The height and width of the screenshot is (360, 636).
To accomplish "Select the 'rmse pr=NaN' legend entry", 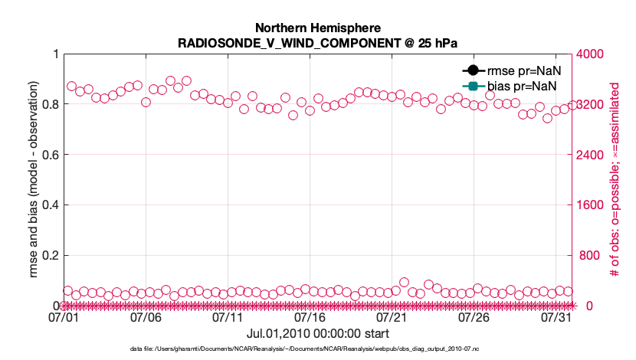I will pos(520,70).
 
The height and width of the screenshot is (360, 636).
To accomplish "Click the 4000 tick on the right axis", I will pos(593,54).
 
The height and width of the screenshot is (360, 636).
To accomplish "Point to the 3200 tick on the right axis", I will pos(593,104).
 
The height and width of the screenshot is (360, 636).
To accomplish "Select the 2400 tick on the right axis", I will pos(593,155).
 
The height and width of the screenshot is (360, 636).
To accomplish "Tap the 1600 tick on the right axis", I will pos(593,205).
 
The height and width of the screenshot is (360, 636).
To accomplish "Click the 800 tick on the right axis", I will pos(590,256).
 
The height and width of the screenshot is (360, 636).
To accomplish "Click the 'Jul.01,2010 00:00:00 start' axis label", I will pos(318,334).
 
